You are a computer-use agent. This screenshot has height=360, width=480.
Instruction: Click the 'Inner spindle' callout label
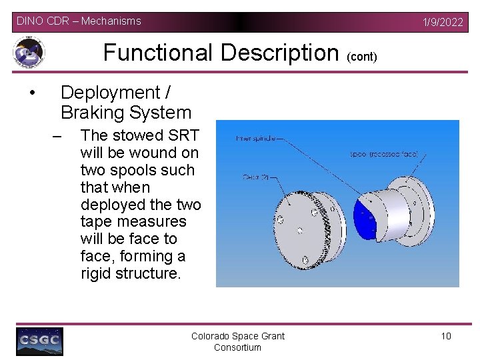[257, 139]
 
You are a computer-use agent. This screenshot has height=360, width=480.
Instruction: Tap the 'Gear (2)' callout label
[255, 178]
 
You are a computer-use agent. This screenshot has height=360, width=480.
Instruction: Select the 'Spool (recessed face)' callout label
[385, 154]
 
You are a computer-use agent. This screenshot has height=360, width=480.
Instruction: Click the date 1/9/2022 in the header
[443, 22]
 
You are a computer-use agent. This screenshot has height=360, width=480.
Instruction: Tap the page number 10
[446, 336]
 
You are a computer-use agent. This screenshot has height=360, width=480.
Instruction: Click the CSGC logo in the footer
[39, 341]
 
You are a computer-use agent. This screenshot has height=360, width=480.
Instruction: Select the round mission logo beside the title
[29, 52]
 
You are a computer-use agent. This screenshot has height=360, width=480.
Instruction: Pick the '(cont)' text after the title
[362, 57]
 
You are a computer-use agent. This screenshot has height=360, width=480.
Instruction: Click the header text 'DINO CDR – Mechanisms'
[79, 21]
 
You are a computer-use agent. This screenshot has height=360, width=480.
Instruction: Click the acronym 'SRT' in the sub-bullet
[183, 135]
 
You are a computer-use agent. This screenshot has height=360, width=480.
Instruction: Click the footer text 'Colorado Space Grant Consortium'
[238, 341]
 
